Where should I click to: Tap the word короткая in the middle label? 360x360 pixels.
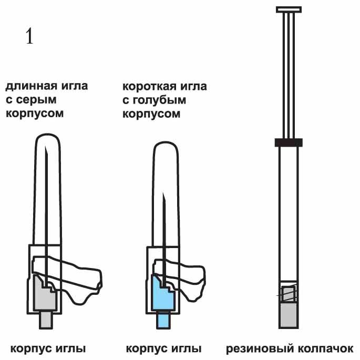pos(145,86)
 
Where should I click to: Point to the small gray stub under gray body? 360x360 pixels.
pos(46,320)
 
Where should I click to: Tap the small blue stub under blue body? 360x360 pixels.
pos(163,320)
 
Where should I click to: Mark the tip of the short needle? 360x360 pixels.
pos(164,195)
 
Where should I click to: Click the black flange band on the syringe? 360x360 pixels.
pos(288,142)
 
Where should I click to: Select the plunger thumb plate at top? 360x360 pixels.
pos(289,9)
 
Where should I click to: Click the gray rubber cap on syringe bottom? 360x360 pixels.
pos(288,315)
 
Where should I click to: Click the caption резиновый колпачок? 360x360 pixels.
pos(290,349)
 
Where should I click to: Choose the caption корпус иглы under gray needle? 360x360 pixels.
pos(48,349)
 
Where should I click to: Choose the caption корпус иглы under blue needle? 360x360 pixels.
pos(164,349)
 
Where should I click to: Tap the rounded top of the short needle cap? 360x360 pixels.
pos(165,147)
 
